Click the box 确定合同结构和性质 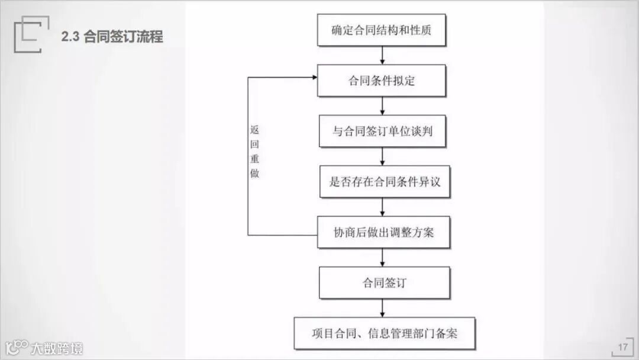tap(382, 30)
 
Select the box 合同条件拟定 tap(382, 81)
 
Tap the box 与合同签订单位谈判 tap(382, 131)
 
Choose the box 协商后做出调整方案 tap(383, 232)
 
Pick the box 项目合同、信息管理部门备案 tap(385, 333)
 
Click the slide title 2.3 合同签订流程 tap(112, 37)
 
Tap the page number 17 tap(622, 347)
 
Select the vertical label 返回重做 tap(254, 151)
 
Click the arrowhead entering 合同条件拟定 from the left tap(314, 77)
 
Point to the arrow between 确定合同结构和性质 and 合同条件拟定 tap(382, 55)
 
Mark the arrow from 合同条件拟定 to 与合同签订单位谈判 tap(382, 106)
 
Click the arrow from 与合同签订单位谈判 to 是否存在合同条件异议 tap(382, 156)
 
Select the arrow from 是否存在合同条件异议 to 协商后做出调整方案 tap(382, 207)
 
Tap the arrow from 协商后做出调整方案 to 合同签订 tap(382, 258)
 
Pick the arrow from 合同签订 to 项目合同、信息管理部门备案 tap(382, 308)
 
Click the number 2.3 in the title tap(70, 37)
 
